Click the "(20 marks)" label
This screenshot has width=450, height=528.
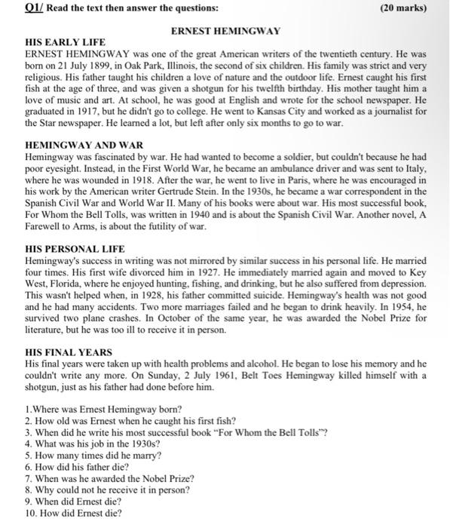405,8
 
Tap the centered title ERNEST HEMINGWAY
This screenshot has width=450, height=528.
225,31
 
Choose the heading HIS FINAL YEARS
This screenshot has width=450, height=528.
69,352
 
